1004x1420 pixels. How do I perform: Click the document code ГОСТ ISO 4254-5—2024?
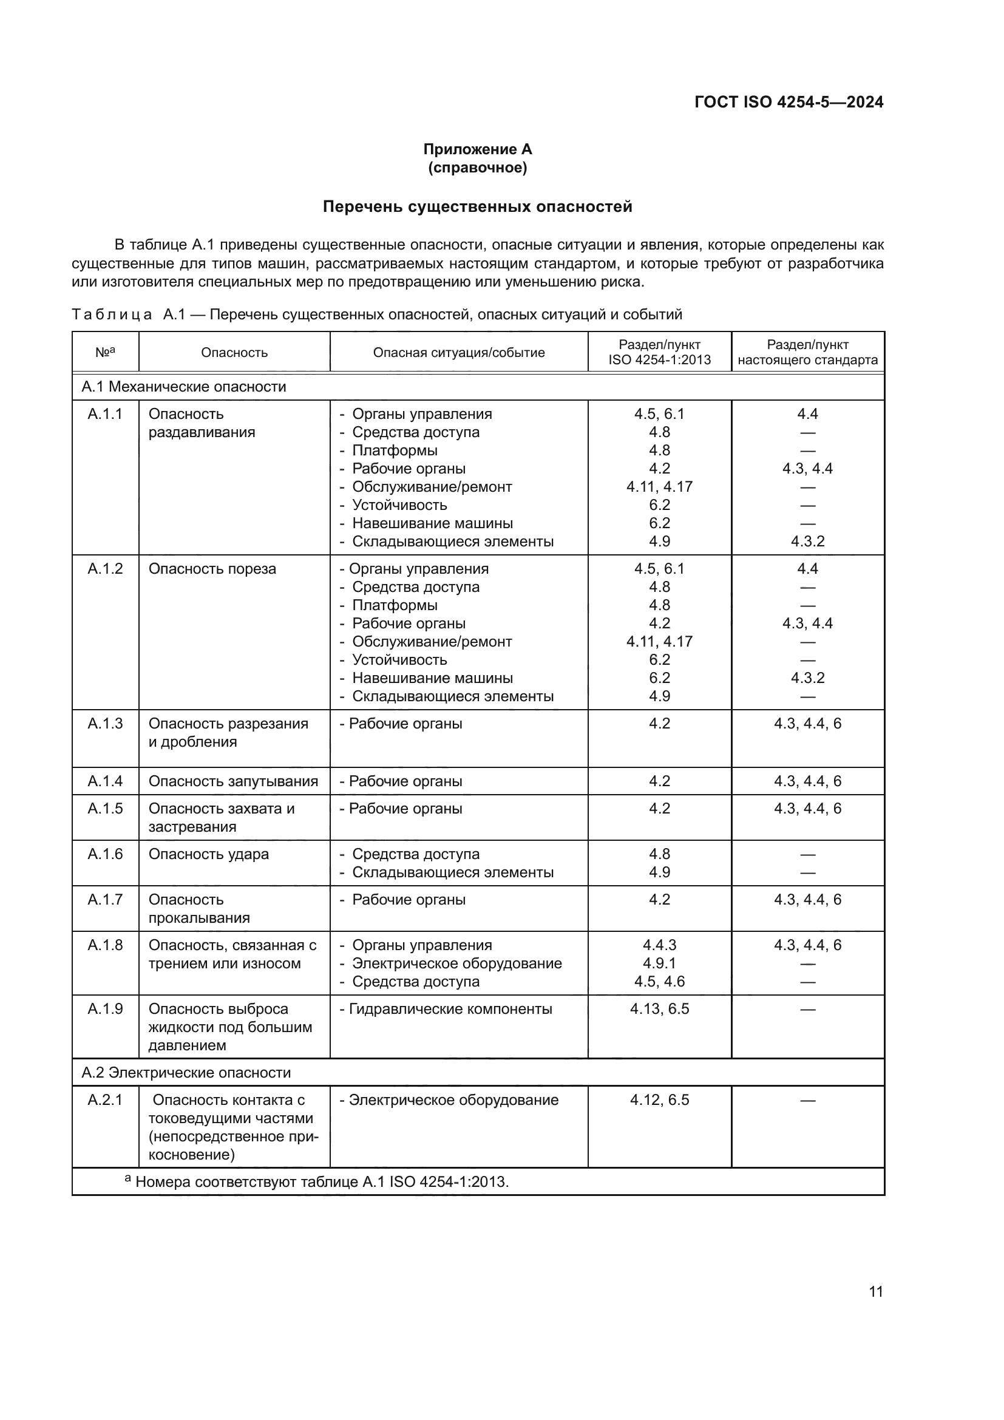(789, 102)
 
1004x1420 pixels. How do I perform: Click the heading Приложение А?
(477, 149)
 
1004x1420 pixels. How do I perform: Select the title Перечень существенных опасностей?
(477, 206)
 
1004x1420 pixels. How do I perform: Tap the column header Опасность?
(234, 353)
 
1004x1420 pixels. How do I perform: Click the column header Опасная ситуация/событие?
(459, 353)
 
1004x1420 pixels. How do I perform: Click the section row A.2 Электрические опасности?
(186, 1072)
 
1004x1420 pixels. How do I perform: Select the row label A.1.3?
(105, 724)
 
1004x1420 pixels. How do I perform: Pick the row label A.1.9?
(105, 1009)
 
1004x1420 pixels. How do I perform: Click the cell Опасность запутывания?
(233, 781)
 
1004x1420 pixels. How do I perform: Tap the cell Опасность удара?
(208, 854)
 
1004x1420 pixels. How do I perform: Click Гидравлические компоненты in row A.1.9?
(450, 1009)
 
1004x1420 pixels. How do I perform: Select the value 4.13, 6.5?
(659, 1009)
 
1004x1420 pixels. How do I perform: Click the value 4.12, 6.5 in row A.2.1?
(659, 1099)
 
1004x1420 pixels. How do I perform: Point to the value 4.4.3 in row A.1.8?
(659, 945)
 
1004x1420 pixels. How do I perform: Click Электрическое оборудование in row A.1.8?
(456, 963)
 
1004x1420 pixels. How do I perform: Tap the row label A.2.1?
(105, 1099)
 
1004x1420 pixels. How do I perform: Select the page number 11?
(875, 1291)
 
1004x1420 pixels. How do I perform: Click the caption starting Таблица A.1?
(376, 314)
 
